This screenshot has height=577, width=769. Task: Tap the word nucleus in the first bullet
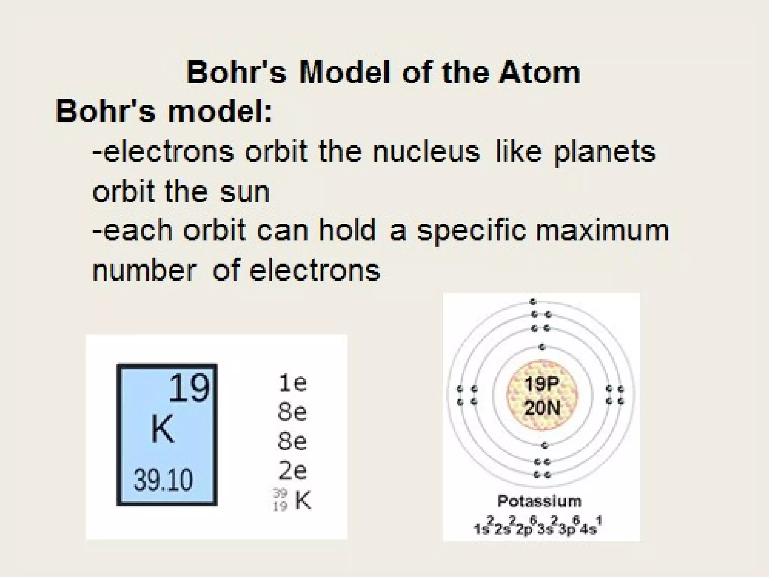[426, 152]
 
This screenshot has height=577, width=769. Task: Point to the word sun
[245, 192]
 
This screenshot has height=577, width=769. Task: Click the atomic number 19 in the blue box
[189, 388]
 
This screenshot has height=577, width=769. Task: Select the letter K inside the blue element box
[162, 429]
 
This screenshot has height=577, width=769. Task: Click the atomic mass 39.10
[163, 480]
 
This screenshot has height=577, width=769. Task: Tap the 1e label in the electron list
[293, 383]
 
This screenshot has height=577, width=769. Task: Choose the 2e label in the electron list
[293, 471]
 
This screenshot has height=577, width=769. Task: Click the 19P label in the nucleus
[542, 384]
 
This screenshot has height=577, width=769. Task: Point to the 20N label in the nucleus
[542, 408]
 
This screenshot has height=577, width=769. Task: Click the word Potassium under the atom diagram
[539, 501]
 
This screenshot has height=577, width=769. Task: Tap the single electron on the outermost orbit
[533, 302]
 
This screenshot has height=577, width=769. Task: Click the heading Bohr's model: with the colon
[164, 112]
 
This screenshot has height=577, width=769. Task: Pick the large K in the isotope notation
[303, 500]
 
